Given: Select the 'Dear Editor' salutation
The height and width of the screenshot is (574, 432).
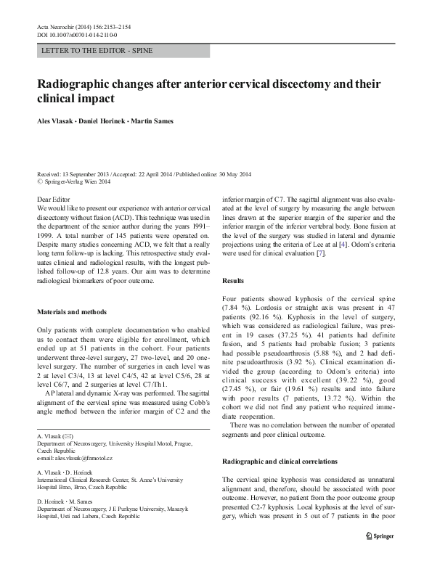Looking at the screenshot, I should click(x=52, y=198).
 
